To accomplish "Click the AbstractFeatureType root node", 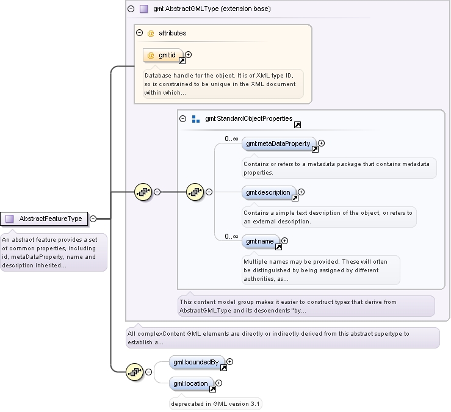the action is (x=44, y=219).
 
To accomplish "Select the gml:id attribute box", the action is (x=163, y=56).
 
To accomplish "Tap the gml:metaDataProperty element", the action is (x=279, y=144).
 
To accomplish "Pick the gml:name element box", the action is (x=261, y=241).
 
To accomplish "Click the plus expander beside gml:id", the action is (x=189, y=55).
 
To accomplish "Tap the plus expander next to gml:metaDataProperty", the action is (x=321, y=143).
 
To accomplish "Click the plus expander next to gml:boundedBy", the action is (x=230, y=362).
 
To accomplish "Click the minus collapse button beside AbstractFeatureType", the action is (x=93, y=219).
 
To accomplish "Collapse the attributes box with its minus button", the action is (x=140, y=33).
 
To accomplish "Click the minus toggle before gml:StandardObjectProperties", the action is (x=182, y=118).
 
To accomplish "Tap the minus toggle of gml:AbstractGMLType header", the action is (x=131, y=9).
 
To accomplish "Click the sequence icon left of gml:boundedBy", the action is (x=135, y=372).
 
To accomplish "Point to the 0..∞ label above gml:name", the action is (x=231, y=236).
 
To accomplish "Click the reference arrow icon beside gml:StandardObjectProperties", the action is (x=297, y=125).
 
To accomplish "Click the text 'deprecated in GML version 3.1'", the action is (x=215, y=404).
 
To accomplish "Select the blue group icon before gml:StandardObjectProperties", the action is (x=196, y=119).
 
